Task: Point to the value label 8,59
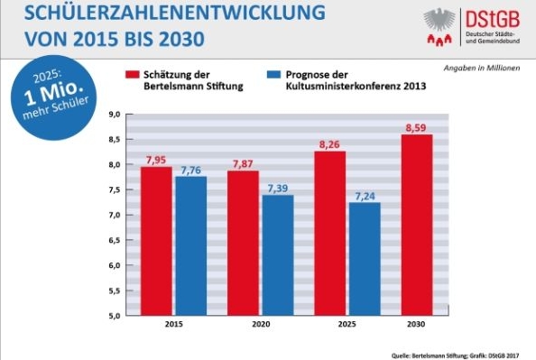pyautogui.click(x=416, y=126)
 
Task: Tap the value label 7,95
pyautogui.click(x=156, y=159)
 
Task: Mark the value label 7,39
pyautogui.click(x=278, y=187)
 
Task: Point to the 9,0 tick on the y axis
pyautogui.click(x=115, y=115)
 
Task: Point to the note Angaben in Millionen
pyautogui.click(x=484, y=69)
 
